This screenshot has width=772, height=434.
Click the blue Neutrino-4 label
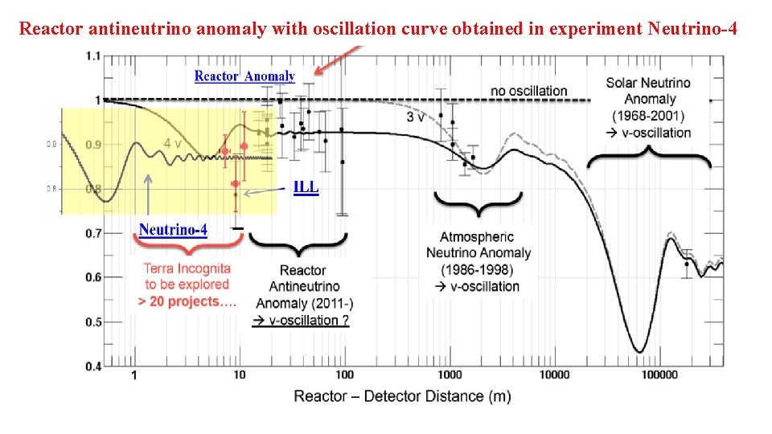pos(173,230)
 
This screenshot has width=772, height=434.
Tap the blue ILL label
pos(306,187)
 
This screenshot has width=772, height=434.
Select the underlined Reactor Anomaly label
pos(244,76)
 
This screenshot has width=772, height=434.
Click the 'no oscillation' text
pos(529,91)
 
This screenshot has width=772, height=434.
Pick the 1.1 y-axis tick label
pos(92,56)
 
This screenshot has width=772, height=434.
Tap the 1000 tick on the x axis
pos(450,375)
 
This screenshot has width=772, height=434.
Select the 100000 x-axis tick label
pos(659,375)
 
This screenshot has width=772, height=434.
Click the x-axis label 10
pos(240,375)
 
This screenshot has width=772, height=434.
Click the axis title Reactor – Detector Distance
pos(402,396)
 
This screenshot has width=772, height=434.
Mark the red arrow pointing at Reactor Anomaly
pos(338,60)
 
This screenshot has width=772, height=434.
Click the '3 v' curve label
pos(415,117)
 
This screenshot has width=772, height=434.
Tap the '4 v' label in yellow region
pos(173,144)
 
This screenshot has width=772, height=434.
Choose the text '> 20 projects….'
pos(187,301)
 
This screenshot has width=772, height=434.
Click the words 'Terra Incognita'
pos(187,268)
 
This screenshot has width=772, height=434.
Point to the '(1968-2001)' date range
pos(648,116)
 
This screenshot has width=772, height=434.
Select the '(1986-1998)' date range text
pos(477,270)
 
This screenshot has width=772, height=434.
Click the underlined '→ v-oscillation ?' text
pos(301,321)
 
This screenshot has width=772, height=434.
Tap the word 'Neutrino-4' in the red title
pos(692,29)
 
